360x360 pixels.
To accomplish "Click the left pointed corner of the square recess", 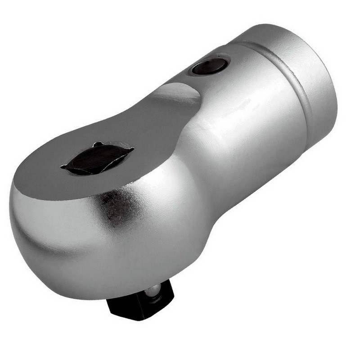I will [63, 167].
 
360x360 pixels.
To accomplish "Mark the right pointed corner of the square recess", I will [132, 150].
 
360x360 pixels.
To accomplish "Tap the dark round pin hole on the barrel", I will [209, 67].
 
